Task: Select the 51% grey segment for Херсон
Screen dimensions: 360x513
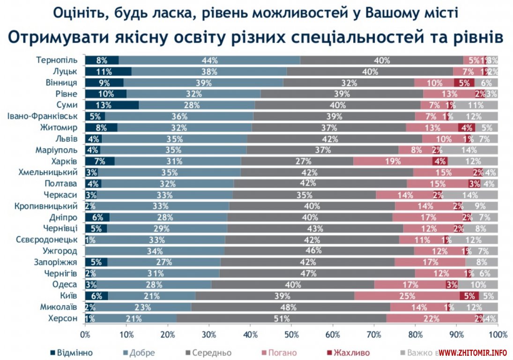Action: (x=281, y=319)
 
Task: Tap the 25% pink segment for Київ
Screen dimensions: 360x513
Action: (x=407, y=296)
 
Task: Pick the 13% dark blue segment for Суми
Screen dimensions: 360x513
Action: (x=112, y=105)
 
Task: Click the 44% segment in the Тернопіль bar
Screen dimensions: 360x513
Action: (x=209, y=60)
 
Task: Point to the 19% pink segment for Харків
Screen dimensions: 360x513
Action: (x=393, y=161)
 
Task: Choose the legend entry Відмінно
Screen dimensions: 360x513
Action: (x=71, y=352)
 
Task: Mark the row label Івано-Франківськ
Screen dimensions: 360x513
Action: (x=47, y=116)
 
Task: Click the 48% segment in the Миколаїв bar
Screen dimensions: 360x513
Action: (x=290, y=307)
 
